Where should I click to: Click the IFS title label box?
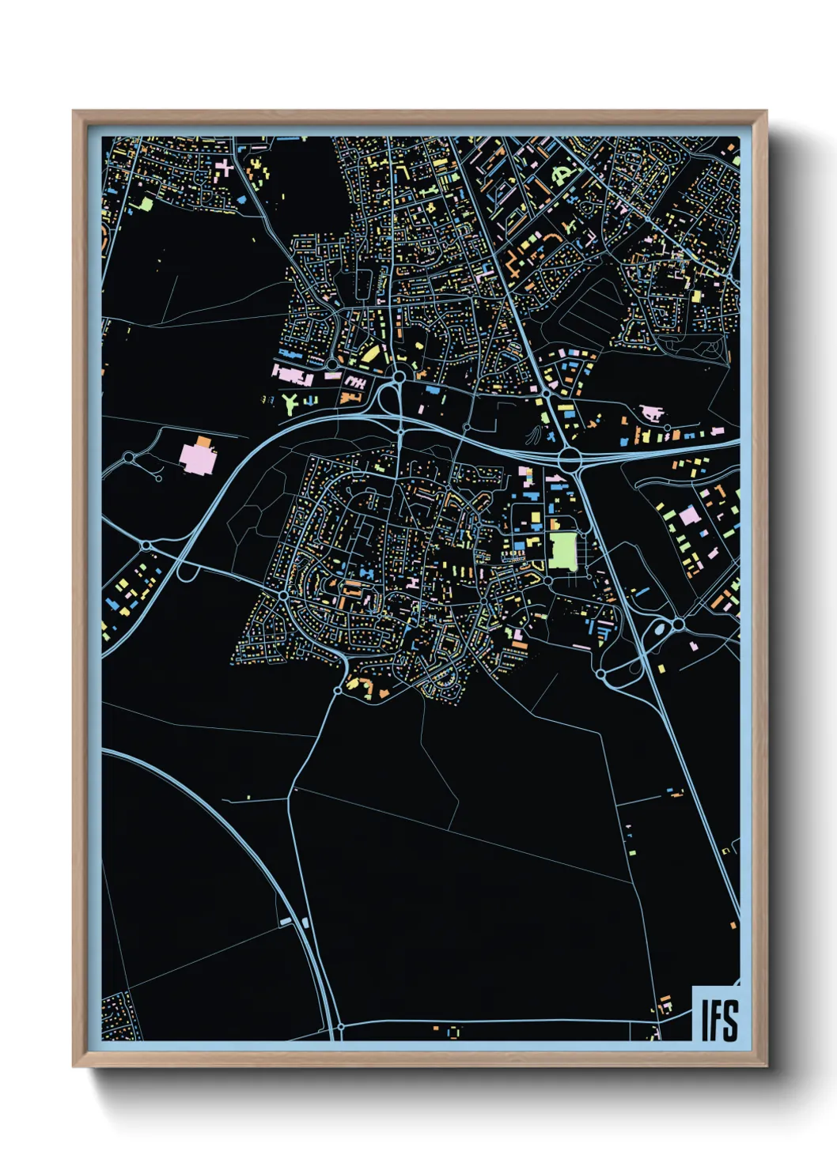pyautogui.click(x=716, y=1014)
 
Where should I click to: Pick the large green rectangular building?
pyautogui.click(x=562, y=550)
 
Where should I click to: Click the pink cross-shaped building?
pyautogui.click(x=225, y=167)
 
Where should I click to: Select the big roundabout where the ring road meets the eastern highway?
pyautogui.click(x=568, y=457)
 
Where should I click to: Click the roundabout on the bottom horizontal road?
pyautogui.click(x=340, y=1027)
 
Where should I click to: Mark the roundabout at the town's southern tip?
pyautogui.click(x=338, y=690)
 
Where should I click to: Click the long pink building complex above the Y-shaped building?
pyautogui.click(x=294, y=374)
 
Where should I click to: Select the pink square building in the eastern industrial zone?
pyautogui.click(x=689, y=515)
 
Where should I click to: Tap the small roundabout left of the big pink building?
pyautogui.click(x=129, y=457)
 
